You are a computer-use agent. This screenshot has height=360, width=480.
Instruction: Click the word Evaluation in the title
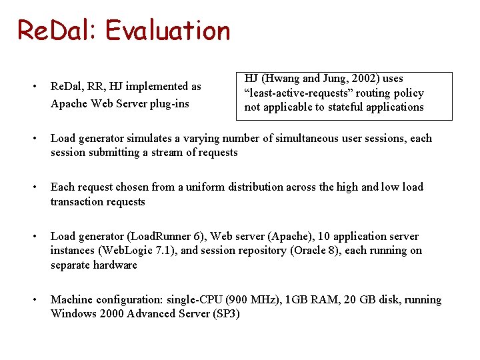click(x=167, y=31)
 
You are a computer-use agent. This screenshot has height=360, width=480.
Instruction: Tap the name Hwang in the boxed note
click(x=285, y=79)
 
